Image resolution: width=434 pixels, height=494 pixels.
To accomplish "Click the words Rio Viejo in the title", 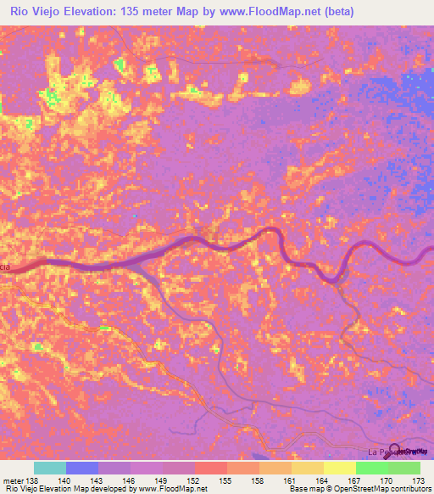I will (x=37, y=11).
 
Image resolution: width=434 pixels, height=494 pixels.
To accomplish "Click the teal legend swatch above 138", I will (x=50, y=468).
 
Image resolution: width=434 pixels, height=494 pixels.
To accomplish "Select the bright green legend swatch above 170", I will (x=371, y=468).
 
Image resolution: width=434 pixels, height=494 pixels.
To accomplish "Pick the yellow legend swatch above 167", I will (x=339, y=468).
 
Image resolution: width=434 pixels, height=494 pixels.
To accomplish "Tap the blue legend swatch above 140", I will (x=82, y=468).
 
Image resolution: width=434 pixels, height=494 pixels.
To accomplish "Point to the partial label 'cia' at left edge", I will (x=5, y=267).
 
